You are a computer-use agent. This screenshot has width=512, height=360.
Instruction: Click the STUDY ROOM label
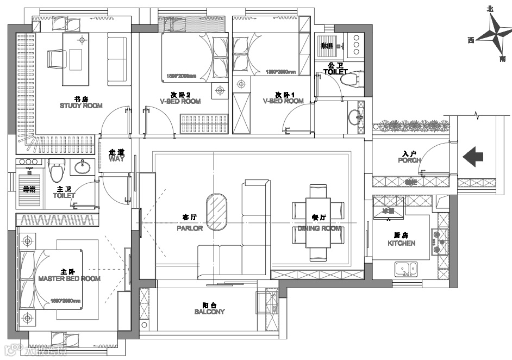81,105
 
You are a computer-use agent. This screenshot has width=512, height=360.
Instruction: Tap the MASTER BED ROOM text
70,278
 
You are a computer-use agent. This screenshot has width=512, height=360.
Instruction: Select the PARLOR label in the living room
190,228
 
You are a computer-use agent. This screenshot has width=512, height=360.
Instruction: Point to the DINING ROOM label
320,229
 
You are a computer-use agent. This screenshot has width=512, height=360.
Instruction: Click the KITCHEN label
401,243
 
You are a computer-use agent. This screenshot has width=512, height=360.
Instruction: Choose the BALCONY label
209,312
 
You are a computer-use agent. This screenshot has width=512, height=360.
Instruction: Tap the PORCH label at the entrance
409,160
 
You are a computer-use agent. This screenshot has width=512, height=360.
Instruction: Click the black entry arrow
473,157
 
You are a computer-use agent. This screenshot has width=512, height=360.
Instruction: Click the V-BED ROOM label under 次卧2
180,101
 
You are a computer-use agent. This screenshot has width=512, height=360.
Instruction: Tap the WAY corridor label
116,159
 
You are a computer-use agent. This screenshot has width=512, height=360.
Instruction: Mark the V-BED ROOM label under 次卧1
283,101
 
